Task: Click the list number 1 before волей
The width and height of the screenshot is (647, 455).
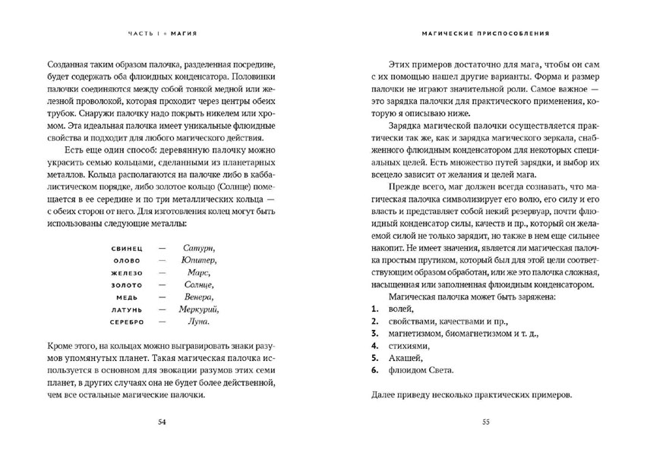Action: pyautogui.click(x=375, y=309)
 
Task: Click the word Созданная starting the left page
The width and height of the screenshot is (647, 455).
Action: pyautogui.click(x=69, y=64)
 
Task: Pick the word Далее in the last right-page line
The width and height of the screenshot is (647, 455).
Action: pyautogui.click(x=387, y=394)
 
